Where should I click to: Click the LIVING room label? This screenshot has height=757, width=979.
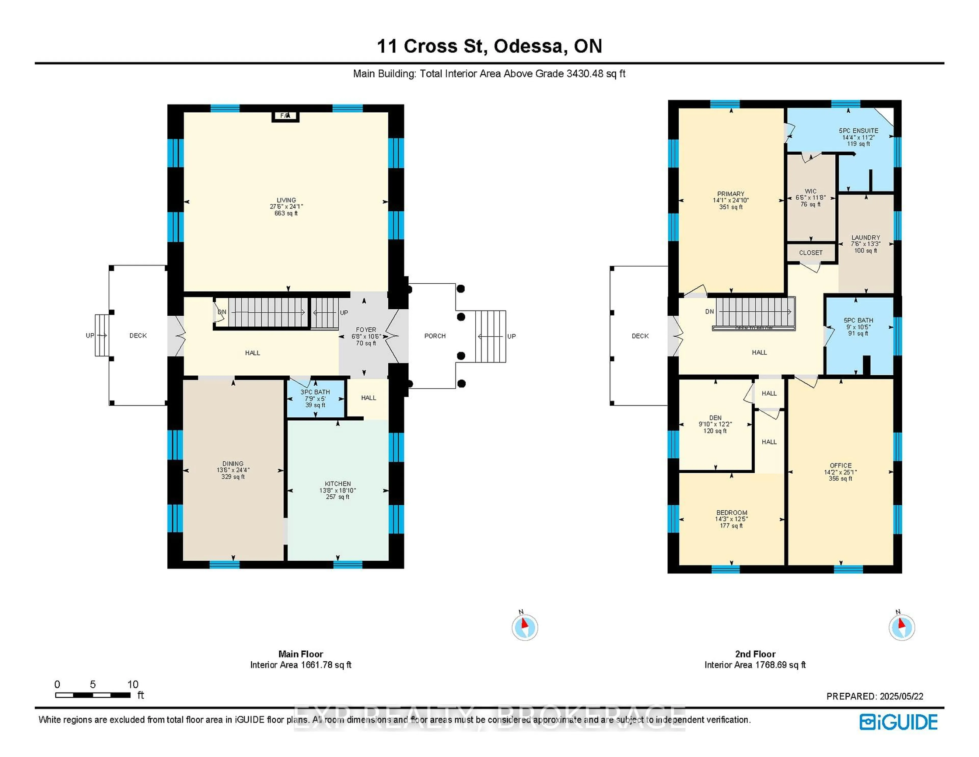286,200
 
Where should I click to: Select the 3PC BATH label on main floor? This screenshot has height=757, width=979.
315,392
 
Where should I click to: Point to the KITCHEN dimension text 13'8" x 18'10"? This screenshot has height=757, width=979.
338,490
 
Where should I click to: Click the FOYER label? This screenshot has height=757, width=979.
366,330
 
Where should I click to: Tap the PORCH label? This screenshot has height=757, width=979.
435,336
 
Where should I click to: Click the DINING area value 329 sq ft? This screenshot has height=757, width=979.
233,477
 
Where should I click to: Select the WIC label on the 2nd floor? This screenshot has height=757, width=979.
810,191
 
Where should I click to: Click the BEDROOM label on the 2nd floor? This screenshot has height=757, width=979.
731,513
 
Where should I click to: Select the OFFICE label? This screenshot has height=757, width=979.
841,465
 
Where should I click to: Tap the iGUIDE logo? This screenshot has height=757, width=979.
898,722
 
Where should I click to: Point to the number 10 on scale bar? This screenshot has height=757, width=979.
133,684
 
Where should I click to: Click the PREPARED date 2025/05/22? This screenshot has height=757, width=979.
901,697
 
